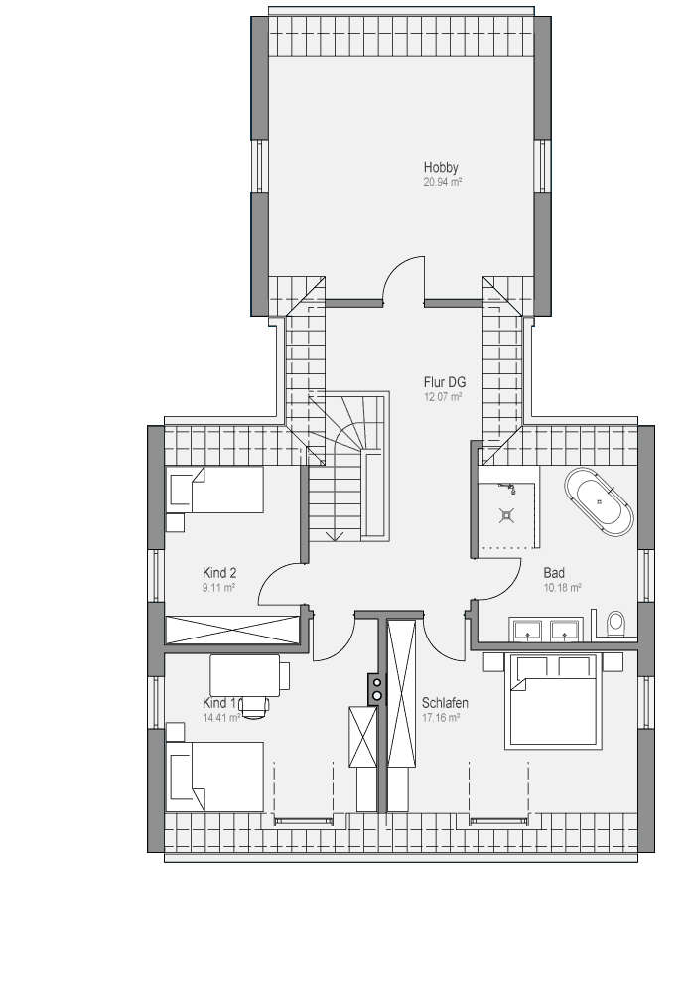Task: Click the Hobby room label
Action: pyautogui.click(x=441, y=167)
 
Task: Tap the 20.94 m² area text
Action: pyautogui.click(x=443, y=182)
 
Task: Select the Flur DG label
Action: pyautogui.click(x=445, y=382)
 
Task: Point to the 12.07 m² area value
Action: pyautogui.click(x=443, y=397)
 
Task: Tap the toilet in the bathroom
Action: pyautogui.click(x=614, y=623)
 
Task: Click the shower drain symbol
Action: pyautogui.click(x=506, y=515)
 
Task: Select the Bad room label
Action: pyautogui.click(x=554, y=573)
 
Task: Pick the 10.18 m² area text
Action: pyautogui.click(x=562, y=588)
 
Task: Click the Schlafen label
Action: pyautogui.click(x=445, y=703)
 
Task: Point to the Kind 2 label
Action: pyautogui.click(x=219, y=573)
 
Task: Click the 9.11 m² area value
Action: pyautogui.click(x=219, y=588)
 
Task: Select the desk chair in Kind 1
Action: pyautogui.click(x=254, y=707)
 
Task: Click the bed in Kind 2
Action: pyautogui.click(x=214, y=490)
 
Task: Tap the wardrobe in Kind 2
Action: pyautogui.click(x=232, y=631)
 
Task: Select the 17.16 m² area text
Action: pyautogui.click(x=441, y=718)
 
